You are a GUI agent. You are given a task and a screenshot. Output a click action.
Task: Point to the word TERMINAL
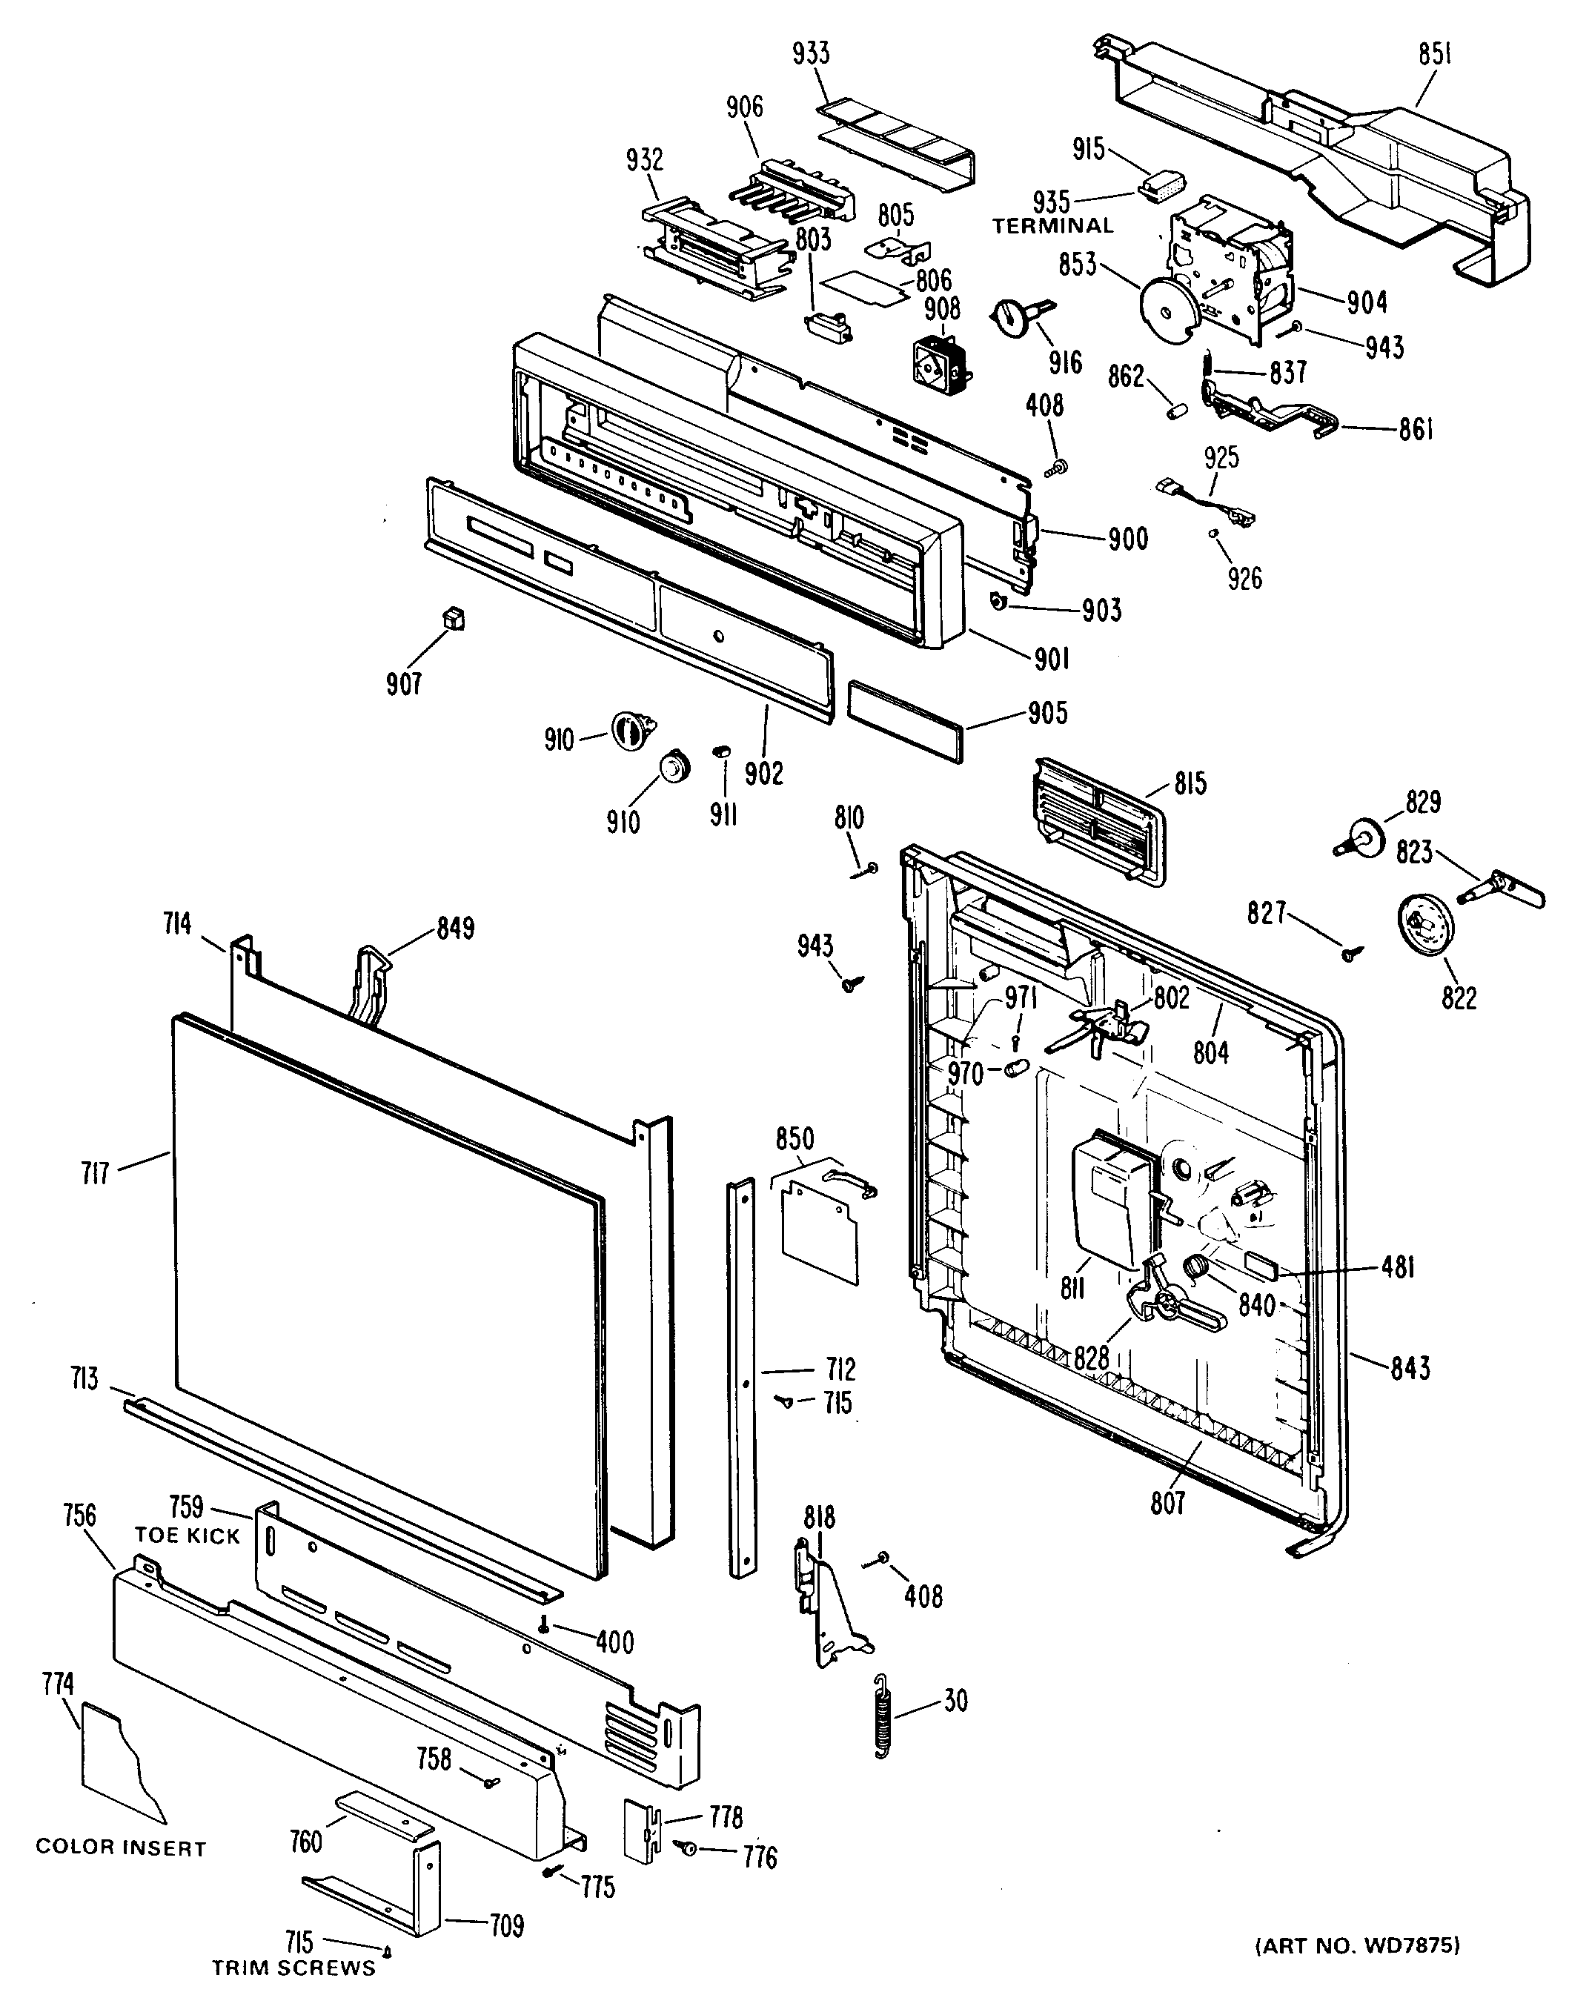tap(1053, 225)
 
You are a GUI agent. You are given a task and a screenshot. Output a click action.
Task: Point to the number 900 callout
tap(1128, 539)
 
